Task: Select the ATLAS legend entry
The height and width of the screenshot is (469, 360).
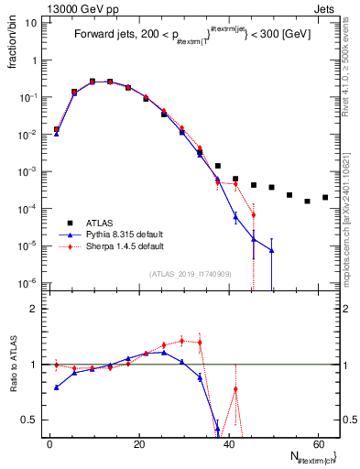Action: pos(102,222)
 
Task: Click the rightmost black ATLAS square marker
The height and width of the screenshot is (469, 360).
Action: pos(325,197)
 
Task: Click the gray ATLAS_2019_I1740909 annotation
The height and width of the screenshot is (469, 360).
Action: pos(191,273)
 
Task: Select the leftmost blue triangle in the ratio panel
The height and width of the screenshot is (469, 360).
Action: pos(57,387)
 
